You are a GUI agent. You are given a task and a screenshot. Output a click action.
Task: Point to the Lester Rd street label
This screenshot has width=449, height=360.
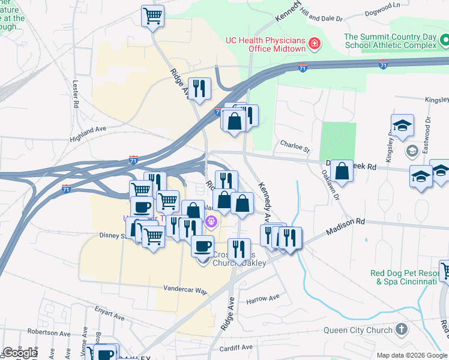[x=76, y=94]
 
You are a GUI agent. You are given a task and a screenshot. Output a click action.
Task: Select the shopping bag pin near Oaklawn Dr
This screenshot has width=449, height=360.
[x=342, y=170]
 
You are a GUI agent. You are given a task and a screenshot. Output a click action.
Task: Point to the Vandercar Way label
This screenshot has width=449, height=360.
[x=185, y=290]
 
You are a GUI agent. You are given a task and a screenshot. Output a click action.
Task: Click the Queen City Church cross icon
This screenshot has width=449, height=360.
[x=402, y=329]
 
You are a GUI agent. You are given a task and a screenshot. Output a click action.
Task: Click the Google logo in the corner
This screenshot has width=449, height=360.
[x=20, y=353]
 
